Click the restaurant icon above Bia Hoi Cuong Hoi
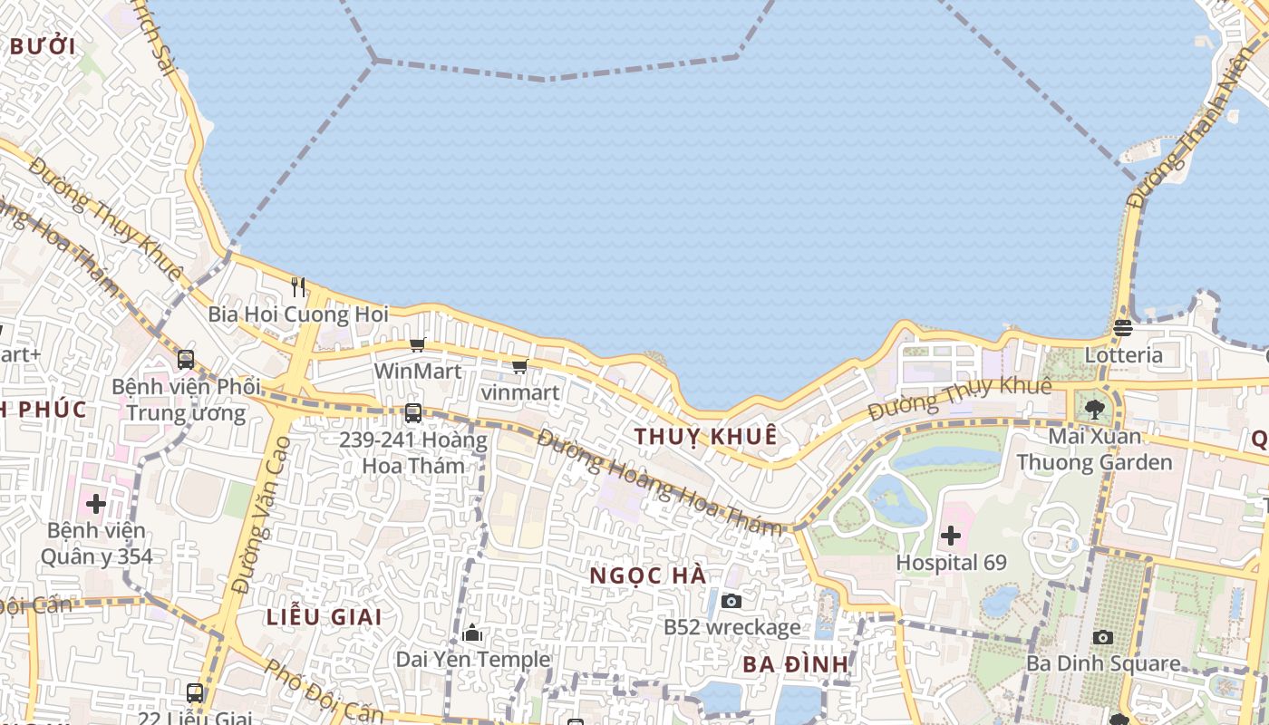[298, 287]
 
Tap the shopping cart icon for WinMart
[417, 344]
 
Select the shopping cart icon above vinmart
[519, 367]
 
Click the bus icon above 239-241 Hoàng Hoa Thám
[413, 413]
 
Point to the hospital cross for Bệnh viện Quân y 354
[96, 504]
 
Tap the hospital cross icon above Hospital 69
[950, 536]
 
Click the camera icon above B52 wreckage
[731, 601]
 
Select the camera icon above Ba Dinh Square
[1102, 637]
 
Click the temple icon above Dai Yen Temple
[472, 633]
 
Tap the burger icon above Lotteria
[1123, 328]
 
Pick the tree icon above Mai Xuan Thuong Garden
[1095, 410]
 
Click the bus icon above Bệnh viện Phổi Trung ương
[186, 360]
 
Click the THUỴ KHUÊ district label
[705, 436]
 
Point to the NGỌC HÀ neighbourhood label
[647, 575]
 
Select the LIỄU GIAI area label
[324, 617]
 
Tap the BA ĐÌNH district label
[795, 664]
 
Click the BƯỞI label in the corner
[42, 46]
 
